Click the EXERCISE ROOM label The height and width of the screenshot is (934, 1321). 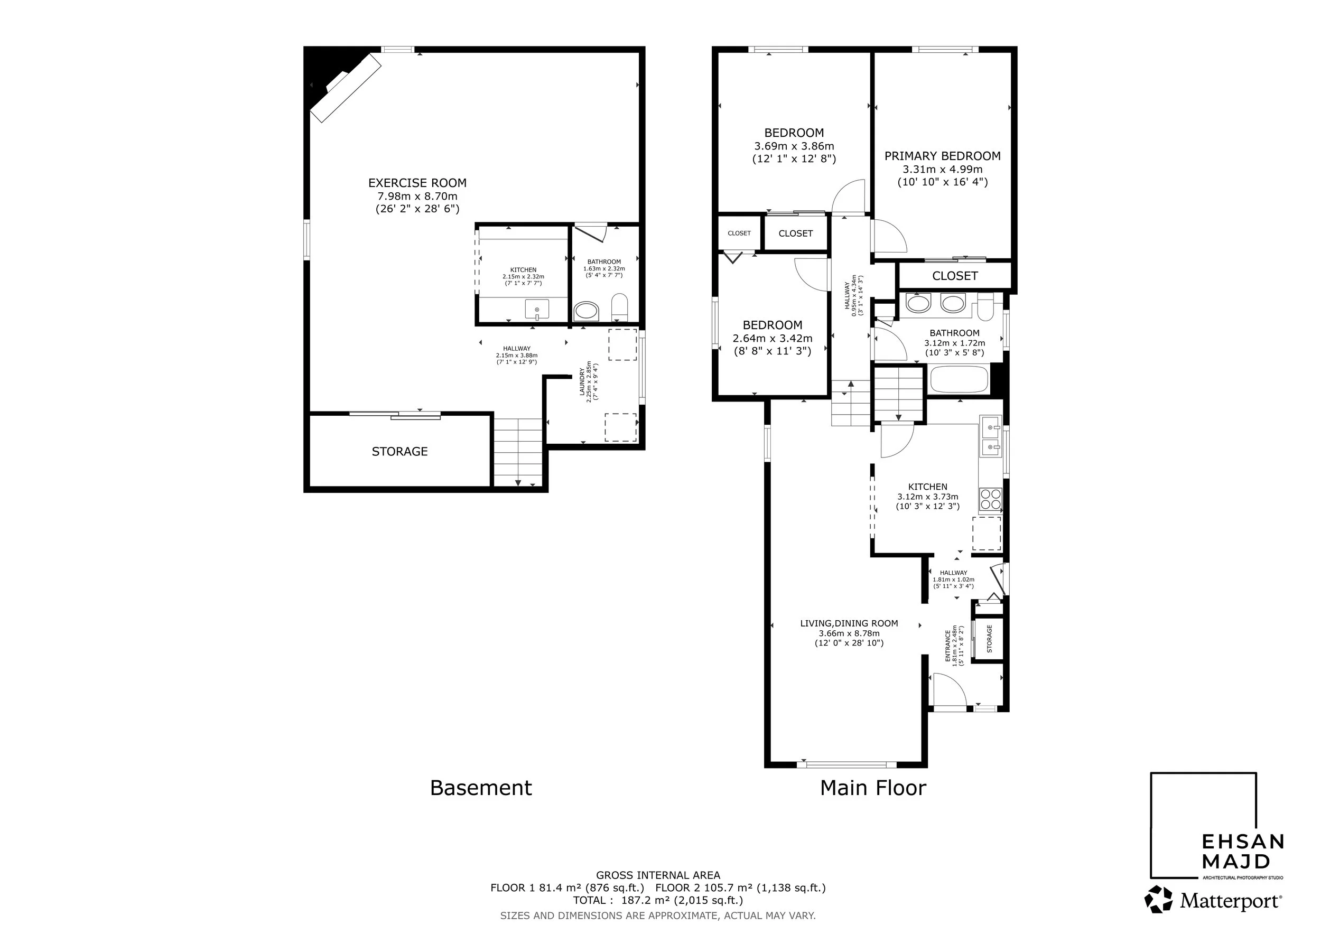tap(417, 183)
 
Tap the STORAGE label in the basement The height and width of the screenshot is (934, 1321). tap(399, 452)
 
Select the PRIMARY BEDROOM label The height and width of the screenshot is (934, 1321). tap(943, 156)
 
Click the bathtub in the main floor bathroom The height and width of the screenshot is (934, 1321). tap(959, 380)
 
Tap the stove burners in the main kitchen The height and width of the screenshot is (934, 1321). tap(990, 499)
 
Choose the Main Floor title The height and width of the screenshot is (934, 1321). tap(873, 788)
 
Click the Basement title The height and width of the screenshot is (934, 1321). tap(481, 788)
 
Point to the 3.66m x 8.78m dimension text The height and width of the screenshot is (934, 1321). tap(849, 633)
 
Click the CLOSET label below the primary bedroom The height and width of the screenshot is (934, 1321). tap(954, 276)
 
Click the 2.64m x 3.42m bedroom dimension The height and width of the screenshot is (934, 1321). tap(772, 338)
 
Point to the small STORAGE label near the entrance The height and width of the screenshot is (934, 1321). tap(990, 638)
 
